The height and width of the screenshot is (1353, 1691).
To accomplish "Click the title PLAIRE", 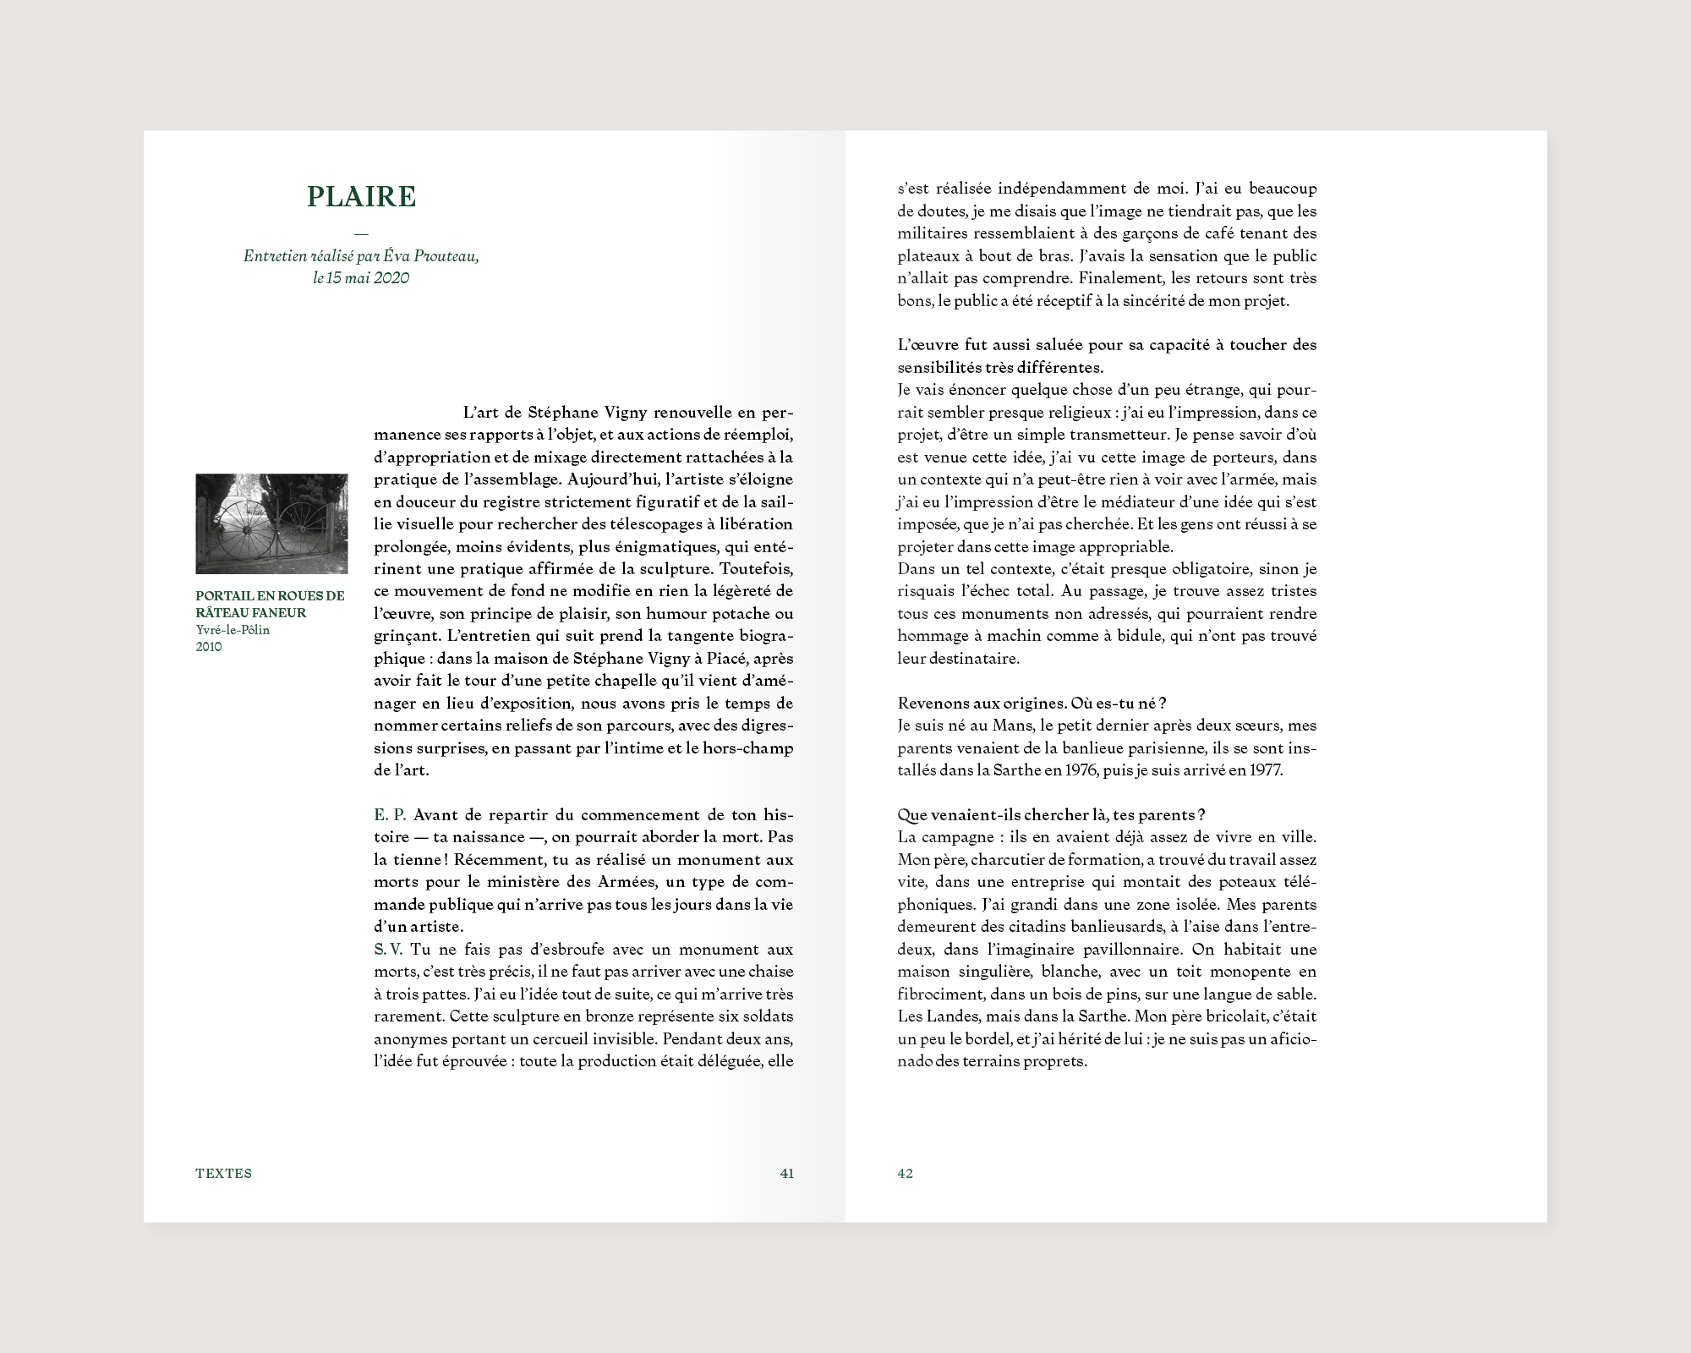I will [x=362, y=197].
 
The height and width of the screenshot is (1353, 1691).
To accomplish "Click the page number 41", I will [x=786, y=1173].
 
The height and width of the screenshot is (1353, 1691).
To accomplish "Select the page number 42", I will [x=905, y=1173].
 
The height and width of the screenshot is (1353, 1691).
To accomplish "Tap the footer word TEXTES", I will [x=223, y=1173].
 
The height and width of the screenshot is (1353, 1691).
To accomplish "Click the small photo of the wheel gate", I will [x=271, y=523].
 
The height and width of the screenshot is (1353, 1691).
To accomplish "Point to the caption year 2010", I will [x=209, y=647].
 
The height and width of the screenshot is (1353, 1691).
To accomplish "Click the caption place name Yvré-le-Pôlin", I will [x=233, y=630].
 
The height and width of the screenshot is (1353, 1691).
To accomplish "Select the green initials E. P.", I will [x=390, y=815].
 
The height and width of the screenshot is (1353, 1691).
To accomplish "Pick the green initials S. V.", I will [x=388, y=950].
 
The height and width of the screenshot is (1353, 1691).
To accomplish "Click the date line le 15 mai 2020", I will [x=361, y=277].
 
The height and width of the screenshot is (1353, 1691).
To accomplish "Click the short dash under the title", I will [x=362, y=233].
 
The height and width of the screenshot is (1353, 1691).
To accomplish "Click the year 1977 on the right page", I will [x=1264, y=770].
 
